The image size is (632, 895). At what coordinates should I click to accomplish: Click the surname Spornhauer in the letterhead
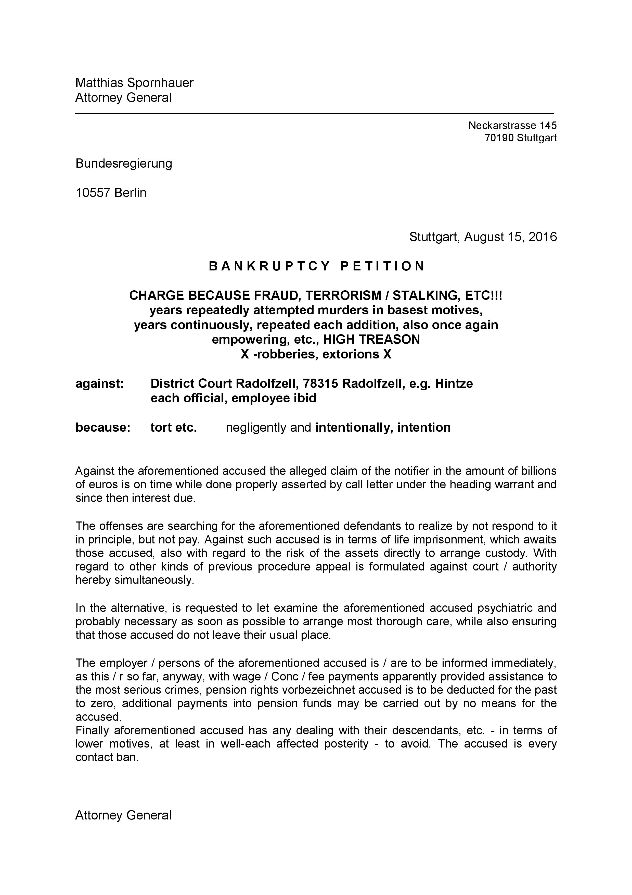tap(160, 83)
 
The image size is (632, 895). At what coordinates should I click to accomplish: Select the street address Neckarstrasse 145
tap(512, 126)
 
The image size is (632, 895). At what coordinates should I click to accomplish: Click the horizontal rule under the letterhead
tap(314, 114)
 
